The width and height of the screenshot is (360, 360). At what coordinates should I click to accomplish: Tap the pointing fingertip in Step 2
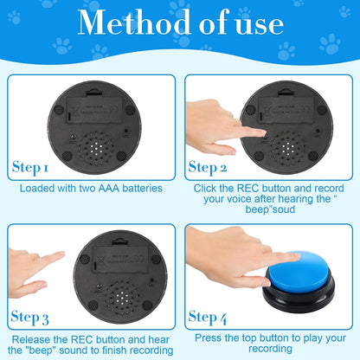point(261,132)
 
